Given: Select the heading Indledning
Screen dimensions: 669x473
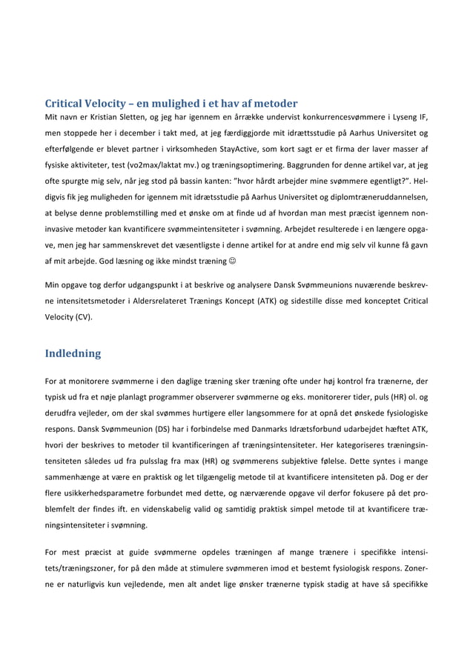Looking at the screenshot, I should point(73,353).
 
